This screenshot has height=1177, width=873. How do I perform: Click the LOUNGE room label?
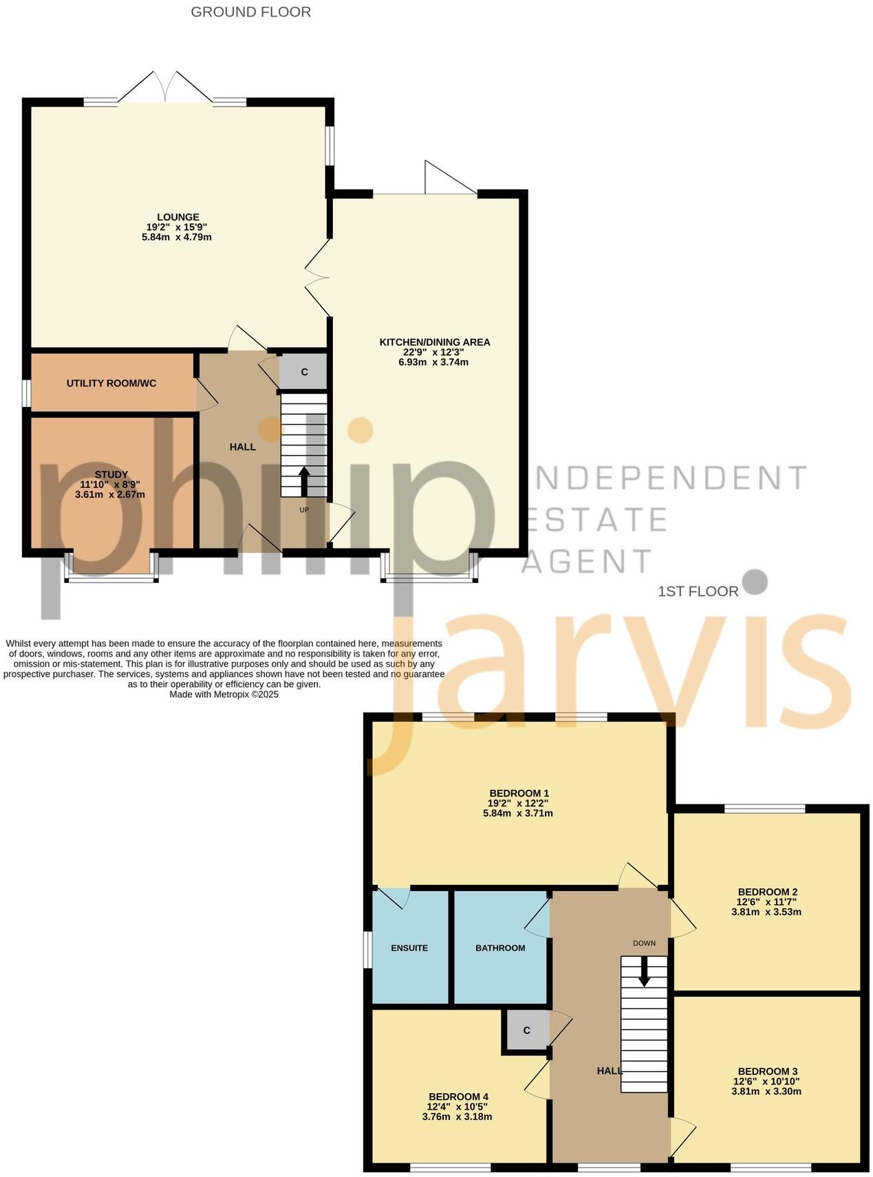point(177,217)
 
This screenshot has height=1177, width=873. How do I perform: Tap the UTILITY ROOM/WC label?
point(111,383)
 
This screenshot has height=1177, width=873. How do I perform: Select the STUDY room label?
point(111,474)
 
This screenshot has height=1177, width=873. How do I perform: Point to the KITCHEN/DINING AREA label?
point(434,342)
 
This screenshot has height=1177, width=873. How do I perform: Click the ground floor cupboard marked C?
point(304,372)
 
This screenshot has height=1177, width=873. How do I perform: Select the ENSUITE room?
point(409,948)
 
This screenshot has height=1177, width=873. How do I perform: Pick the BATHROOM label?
point(500,948)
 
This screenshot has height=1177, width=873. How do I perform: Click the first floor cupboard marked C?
point(526,1030)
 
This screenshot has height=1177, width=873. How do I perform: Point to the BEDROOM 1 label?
point(519,793)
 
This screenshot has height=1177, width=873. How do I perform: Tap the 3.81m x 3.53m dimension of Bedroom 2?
point(766,912)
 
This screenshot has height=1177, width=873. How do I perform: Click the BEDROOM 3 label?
point(767,1071)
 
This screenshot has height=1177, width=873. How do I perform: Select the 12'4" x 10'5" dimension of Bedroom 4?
point(457,1107)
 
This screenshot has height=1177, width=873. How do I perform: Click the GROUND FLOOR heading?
point(250,12)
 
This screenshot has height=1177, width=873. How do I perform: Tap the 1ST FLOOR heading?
point(698,591)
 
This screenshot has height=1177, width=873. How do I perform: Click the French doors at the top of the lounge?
point(165,88)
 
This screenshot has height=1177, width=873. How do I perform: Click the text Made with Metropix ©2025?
point(224,694)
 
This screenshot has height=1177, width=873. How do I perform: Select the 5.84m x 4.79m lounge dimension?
point(176,237)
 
